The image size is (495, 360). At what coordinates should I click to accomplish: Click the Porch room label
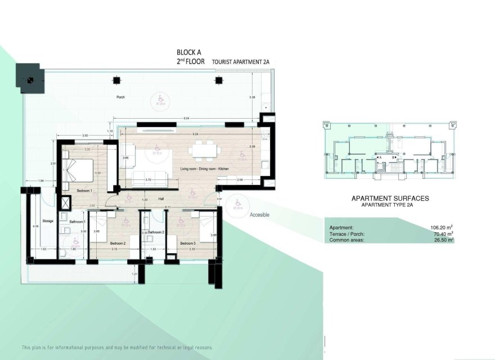(x=120, y=97)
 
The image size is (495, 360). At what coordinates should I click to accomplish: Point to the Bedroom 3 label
(x=187, y=243)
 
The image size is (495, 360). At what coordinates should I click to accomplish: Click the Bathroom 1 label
(x=77, y=222)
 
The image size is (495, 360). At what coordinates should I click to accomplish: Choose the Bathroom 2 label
(x=156, y=232)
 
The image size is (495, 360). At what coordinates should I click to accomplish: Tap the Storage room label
(x=48, y=221)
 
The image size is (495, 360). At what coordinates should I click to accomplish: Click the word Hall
(x=160, y=199)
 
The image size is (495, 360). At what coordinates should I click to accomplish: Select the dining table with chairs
(x=204, y=150)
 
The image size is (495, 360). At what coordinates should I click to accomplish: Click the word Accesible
(x=260, y=214)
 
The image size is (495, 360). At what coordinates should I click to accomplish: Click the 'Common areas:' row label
(x=347, y=240)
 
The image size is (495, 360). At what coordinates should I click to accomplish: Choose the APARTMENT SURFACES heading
(x=390, y=198)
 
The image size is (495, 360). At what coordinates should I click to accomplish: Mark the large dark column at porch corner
(x=29, y=78)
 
